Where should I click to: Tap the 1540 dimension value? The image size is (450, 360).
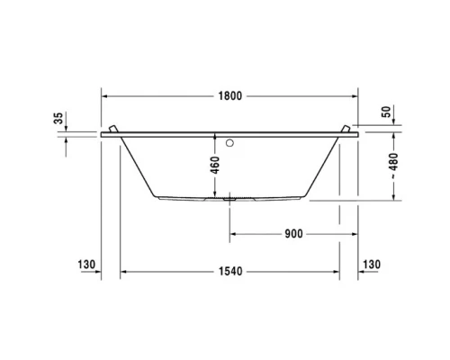(x=229, y=271)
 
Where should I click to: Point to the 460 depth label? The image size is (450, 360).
(x=215, y=165)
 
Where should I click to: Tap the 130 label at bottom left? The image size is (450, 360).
(x=86, y=265)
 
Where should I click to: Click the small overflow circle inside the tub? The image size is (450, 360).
(x=230, y=141)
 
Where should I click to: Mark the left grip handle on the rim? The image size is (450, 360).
(x=112, y=130)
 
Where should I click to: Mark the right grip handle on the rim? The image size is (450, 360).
(x=346, y=130)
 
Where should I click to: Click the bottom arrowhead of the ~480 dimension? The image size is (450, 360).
(x=395, y=199)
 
